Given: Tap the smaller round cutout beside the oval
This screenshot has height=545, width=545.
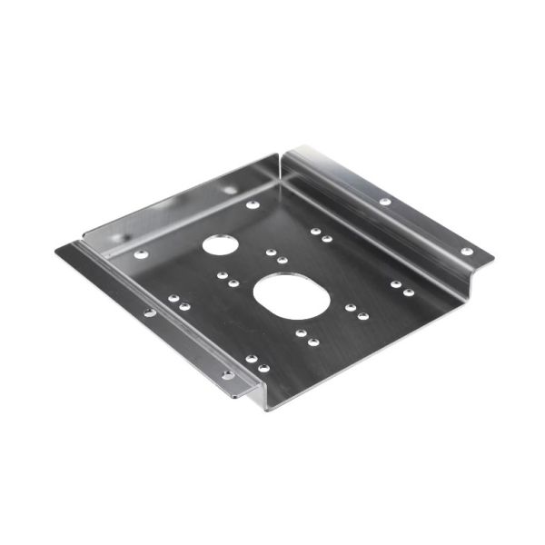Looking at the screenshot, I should pos(218,243).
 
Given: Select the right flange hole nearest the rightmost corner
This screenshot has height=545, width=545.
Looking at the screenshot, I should pos(467,251).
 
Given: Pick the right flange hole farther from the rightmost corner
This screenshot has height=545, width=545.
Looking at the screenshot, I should pos(385,201).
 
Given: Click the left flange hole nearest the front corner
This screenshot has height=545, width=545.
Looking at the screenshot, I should pos(227,373).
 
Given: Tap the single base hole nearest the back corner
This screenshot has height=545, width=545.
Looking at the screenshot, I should pos(253,204).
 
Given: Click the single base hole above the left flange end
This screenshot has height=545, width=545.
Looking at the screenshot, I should pos(141,253).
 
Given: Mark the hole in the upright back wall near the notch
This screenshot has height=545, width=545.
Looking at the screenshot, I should pos(229,190).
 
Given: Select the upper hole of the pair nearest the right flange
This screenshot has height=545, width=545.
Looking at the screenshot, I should pos(396,284).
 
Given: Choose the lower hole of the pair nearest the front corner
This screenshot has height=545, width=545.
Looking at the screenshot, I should pos(263,368).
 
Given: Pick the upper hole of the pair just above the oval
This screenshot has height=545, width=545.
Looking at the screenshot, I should pos(271,253).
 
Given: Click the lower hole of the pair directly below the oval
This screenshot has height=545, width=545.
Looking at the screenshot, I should pos(313,342).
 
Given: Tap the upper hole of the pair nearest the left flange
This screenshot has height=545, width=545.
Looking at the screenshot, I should pos(173,298).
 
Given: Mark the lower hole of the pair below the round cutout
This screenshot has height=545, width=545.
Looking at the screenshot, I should pos(233,283).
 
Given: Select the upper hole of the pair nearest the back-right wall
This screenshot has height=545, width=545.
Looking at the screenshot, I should pos(315,231).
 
